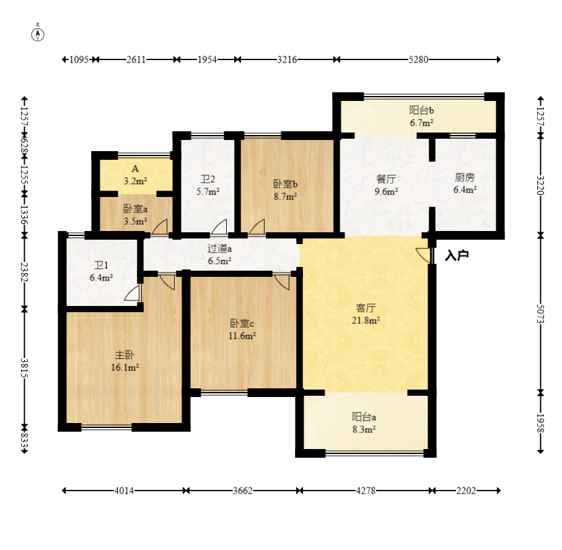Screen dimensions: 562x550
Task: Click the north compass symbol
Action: click(38, 33)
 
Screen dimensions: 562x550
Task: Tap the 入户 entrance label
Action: click(457, 255)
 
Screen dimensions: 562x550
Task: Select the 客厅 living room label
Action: click(366, 308)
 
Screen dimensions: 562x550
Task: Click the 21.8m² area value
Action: click(366, 320)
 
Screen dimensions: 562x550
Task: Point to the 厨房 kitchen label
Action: click(465, 177)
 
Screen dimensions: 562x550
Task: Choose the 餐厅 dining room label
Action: click(386, 179)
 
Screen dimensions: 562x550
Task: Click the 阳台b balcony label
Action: click(421, 110)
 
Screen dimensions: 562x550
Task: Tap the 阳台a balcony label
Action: click(364, 417)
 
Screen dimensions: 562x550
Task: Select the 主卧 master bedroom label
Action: click(125, 355)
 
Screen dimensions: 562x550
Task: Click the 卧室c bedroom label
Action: click(242, 323)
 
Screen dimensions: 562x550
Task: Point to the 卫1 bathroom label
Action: click(101, 266)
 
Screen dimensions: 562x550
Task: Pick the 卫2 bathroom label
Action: click(208, 179)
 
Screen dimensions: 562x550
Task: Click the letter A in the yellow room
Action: click(135, 168)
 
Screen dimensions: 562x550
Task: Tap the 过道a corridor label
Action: click(219, 248)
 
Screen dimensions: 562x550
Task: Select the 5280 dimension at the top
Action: click(418, 59)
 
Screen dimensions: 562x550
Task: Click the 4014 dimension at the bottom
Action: click(124, 491)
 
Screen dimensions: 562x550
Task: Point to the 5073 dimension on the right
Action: click(540, 314)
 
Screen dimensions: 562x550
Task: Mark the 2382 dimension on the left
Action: click(24, 272)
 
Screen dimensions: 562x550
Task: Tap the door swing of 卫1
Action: click(132, 293)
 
